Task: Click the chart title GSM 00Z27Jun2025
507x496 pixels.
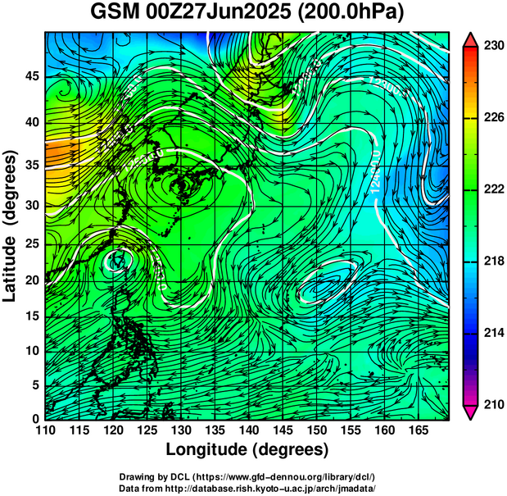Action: pyautogui.click(x=192, y=13)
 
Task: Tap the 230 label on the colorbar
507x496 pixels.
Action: pyautogui.click(x=493, y=46)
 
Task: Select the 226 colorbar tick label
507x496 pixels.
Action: pyautogui.click(x=493, y=118)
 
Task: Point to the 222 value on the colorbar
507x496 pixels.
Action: pyautogui.click(x=493, y=189)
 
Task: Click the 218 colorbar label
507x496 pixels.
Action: pyautogui.click(x=493, y=262)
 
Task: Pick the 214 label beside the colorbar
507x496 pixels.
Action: pyautogui.click(x=493, y=333)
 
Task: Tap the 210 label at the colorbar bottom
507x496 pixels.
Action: pyautogui.click(x=493, y=404)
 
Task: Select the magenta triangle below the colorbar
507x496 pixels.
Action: pyautogui.click(x=470, y=412)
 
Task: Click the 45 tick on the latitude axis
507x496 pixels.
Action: pyautogui.click(x=31, y=76)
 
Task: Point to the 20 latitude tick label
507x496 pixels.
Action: pyautogui.click(x=31, y=280)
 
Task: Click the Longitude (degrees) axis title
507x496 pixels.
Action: pyautogui.click(x=247, y=450)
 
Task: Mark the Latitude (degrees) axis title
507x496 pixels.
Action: pyautogui.click(x=11, y=225)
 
